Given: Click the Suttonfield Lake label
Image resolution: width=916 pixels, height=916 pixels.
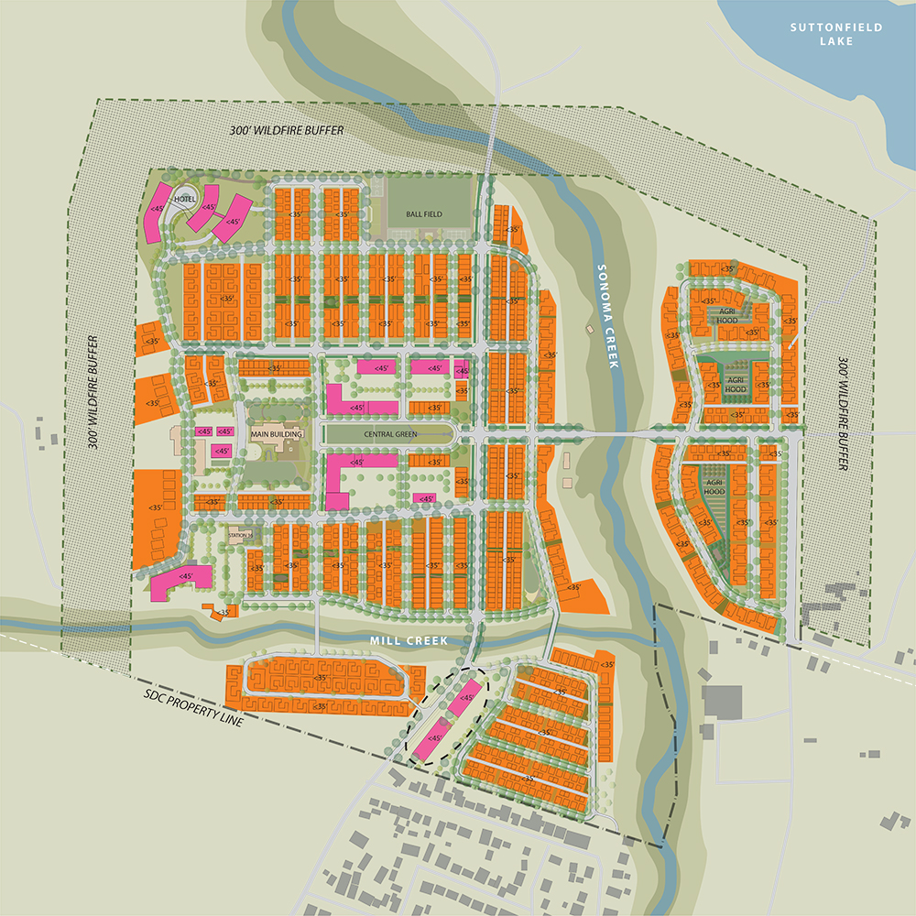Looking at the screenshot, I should pos(836,34).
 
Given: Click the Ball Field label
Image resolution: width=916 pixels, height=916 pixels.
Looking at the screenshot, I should pos(424,214).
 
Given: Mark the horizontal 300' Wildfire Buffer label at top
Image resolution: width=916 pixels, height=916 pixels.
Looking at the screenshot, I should pos(287,131).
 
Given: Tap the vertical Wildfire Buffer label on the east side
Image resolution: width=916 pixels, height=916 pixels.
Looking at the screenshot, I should pos(843,413).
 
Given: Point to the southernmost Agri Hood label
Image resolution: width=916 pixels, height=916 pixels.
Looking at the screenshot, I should pos(715,485).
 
